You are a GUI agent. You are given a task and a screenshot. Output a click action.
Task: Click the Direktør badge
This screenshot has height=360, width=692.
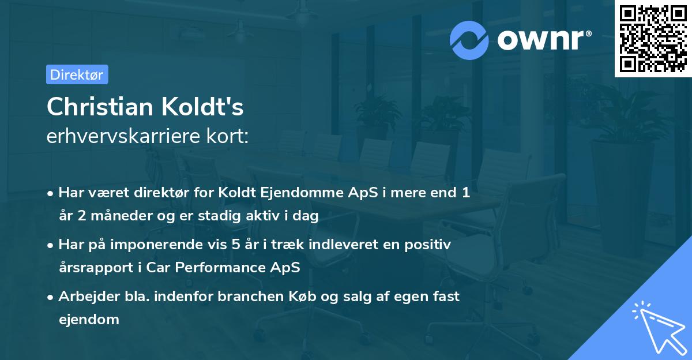(77, 74)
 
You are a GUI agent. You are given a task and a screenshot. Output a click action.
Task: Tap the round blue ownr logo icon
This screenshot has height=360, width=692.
(469, 40)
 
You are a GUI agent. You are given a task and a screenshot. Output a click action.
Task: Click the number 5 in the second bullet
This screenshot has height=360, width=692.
(236, 245)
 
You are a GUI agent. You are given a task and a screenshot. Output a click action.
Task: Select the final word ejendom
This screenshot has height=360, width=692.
(89, 319)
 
